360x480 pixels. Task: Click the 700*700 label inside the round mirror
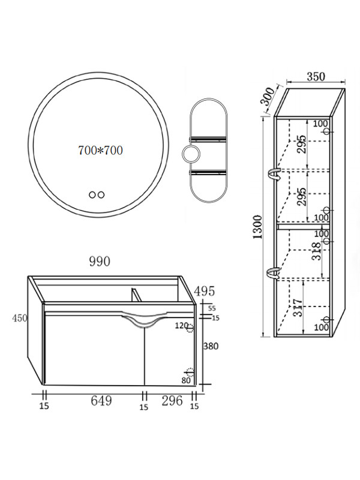coord(100,151)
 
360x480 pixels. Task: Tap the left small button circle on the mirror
coord(92,194)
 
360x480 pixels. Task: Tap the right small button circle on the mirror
coord(101,194)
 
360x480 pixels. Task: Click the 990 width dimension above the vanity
coord(100,262)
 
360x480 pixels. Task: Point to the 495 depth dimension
coord(205,291)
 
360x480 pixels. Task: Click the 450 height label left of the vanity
coord(20,319)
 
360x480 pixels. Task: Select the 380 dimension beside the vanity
coord(211,346)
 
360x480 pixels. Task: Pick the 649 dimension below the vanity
coord(101,401)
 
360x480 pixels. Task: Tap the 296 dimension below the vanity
coord(172,401)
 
